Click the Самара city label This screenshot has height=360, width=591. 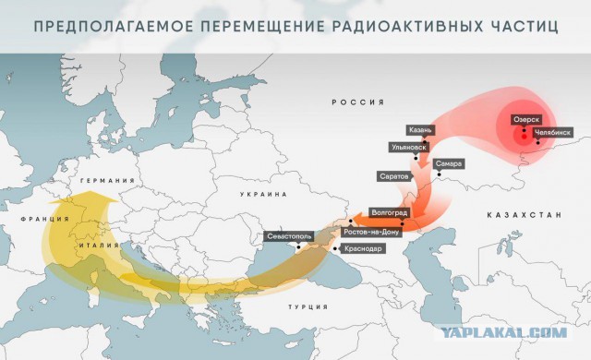point(450,164)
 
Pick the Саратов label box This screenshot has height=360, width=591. point(394,174)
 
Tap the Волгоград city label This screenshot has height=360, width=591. point(388,211)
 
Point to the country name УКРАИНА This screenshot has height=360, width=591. point(264,195)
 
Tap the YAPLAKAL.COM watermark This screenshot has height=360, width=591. point(519,332)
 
